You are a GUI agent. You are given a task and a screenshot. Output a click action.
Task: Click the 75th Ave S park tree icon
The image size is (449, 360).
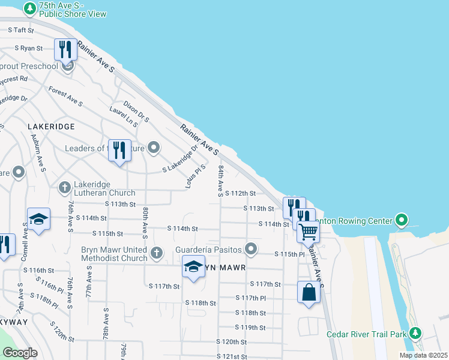pyautogui.click(x=29, y=8)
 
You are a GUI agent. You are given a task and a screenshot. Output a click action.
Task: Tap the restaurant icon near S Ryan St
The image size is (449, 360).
pyautogui.click(x=65, y=49)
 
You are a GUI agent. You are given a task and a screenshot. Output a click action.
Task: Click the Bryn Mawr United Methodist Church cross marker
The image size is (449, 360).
pyautogui.click(x=157, y=252)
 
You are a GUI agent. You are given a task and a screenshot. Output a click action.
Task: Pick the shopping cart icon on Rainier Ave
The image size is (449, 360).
pyautogui.click(x=308, y=230)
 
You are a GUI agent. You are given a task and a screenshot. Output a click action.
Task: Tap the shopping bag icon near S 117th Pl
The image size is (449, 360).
pyautogui.click(x=309, y=293)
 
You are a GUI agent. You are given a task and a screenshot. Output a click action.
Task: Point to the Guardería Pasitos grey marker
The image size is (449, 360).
pyautogui.click(x=251, y=248)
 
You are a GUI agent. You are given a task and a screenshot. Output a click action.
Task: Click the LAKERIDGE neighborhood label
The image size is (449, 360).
pyautogui.click(x=51, y=127)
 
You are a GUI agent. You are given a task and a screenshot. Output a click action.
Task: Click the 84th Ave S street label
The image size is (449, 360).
pyautogui.click(x=221, y=181)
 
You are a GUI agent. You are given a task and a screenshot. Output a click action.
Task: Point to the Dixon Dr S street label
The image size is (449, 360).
pyautogui.click(x=136, y=112)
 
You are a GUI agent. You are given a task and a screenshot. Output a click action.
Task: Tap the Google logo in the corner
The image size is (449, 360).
pyautogui.click(x=20, y=352)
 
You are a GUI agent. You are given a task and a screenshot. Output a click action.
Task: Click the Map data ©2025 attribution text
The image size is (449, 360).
pyautogui.click(x=423, y=355)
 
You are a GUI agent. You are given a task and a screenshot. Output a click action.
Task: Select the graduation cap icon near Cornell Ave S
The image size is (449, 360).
pyautogui.click(x=38, y=219)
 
